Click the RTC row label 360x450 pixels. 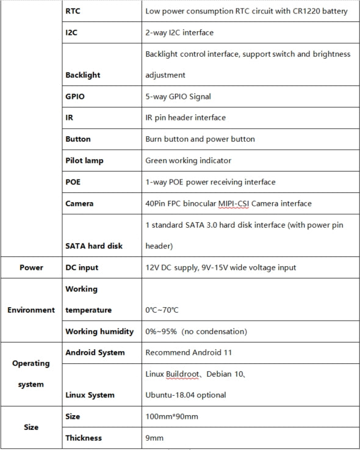pos(73,10)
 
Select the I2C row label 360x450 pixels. pos(72,32)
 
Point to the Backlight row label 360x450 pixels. pos(82,75)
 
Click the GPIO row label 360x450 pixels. pos(75,96)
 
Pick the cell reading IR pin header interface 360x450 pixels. pos(185,118)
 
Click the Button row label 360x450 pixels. pos(77,139)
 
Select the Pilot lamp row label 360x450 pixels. pos(84,161)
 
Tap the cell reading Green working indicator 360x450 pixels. pos(189,161)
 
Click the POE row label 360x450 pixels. pos(73,182)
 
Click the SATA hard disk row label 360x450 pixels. pos(94,246)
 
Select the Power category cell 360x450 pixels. pos(31,267)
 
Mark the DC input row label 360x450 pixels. pos(82,267)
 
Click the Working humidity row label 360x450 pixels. pos(99,332)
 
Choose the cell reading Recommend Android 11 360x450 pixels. pos(188,352)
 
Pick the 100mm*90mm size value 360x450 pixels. pos(171,416)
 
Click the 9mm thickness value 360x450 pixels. pos(154,438)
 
